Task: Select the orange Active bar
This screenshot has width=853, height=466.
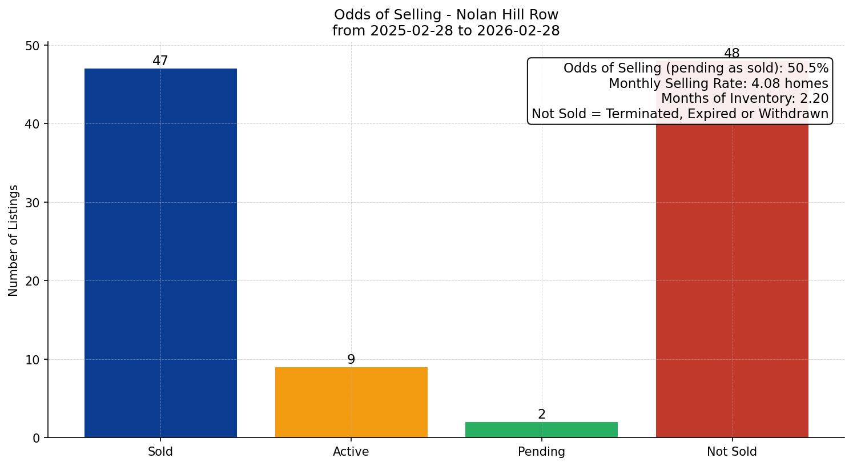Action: [x=351, y=402]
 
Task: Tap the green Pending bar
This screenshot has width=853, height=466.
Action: [x=541, y=429]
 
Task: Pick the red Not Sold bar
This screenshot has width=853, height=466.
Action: [x=732, y=280]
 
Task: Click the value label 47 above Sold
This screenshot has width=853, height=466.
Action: [x=160, y=61]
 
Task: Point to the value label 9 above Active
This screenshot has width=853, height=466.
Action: [x=351, y=359]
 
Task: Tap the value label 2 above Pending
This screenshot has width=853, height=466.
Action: [x=541, y=415]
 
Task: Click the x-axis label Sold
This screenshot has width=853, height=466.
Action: [x=160, y=452]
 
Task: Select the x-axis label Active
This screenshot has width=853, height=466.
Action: [x=351, y=452]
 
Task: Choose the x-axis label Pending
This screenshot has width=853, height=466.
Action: [x=541, y=452]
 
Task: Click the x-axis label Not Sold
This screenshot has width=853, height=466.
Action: [x=732, y=452]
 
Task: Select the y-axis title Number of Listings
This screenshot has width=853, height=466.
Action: [x=14, y=240]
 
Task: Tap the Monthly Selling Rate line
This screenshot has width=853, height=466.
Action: [x=718, y=83]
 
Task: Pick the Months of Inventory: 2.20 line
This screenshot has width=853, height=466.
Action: [x=745, y=99]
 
